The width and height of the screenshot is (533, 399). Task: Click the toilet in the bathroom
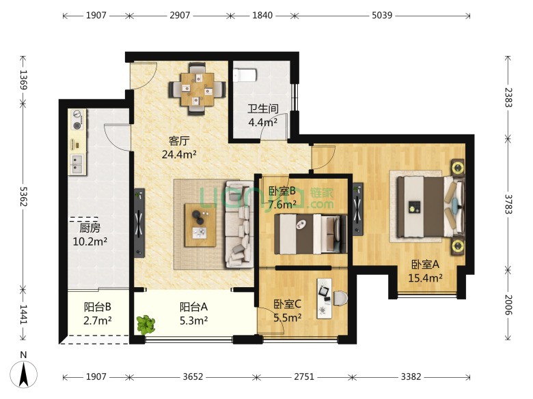point(245,75)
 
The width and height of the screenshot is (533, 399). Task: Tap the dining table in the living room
point(197,89)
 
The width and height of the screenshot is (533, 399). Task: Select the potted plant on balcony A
point(146,325)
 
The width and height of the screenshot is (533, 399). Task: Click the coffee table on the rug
point(200,225)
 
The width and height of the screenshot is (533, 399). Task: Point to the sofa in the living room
point(239,224)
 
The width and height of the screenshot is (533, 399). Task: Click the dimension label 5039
point(382,15)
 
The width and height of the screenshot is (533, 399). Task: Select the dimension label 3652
point(193,376)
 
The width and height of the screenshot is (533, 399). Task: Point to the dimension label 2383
point(508,98)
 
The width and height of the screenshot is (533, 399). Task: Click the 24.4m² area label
point(179,155)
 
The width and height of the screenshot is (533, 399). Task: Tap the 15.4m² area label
point(425,278)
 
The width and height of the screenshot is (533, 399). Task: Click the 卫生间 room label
point(263,108)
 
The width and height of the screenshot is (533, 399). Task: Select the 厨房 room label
point(90,228)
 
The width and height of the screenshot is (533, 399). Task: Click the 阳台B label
point(98,307)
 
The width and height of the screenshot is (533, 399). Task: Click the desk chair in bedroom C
point(340,299)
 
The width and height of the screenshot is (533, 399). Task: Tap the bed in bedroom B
point(311,234)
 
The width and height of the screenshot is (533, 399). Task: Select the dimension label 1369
point(23,79)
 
